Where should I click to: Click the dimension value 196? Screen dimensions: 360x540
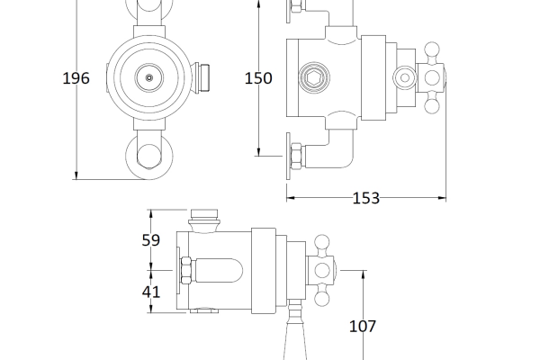[x=76, y=78]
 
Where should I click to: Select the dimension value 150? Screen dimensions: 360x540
[x=258, y=78]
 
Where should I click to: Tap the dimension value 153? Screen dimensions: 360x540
[x=366, y=198]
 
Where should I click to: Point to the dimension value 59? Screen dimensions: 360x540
[x=151, y=240]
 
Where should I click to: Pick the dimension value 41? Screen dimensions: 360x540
[x=151, y=292]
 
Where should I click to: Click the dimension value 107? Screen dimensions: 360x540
[x=361, y=327]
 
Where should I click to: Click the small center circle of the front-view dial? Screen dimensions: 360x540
[x=149, y=78]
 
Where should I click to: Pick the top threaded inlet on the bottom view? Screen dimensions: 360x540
[x=206, y=217]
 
